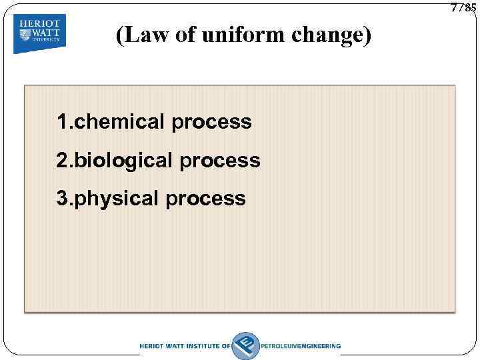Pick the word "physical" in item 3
113,199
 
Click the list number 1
62,122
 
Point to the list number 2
62,160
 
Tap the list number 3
62,198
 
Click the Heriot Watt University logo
39,32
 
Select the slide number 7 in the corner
455,7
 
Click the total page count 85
469,9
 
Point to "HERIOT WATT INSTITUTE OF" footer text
185,346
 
